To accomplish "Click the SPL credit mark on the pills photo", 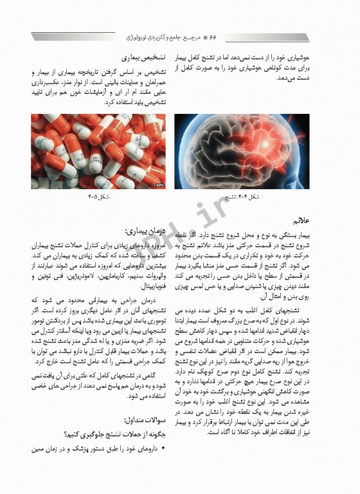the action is pyautogui.click(x=159, y=184).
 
